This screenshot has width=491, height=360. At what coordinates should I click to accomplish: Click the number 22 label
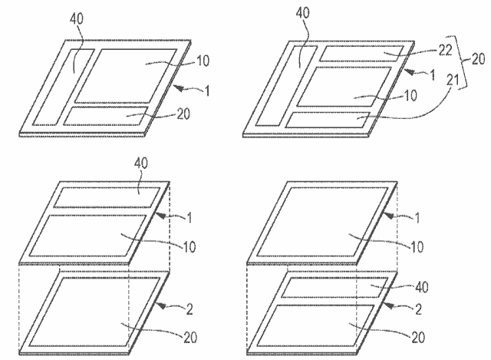pyautogui.click(x=445, y=50)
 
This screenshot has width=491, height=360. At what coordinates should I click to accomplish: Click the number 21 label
pyautogui.click(x=453, y=81)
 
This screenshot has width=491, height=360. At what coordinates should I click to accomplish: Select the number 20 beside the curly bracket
pyautogui.click(x=478, y=59)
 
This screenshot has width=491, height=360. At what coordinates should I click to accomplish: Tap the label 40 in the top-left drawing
pyautogui.click(x=77, y=18)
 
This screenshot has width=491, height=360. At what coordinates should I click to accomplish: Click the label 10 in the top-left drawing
pyautogui.click(x=203, y=61)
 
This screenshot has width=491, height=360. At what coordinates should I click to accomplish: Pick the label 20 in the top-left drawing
pyautogui.click(x=183, y=114)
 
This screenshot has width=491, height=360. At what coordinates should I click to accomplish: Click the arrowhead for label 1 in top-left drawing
pyautogui.click(x=177, y=88)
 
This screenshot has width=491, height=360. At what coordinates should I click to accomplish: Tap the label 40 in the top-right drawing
pyautogui.click(x=303, y=13)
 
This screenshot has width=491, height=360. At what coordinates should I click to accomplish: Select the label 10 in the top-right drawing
pyautogui.click(x=410, y=95)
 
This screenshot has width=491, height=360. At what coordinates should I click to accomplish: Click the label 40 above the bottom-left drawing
pyautogui.click(x=141, y=163)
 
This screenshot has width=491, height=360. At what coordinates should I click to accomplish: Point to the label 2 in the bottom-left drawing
pyautogui.click(x=189, y=309)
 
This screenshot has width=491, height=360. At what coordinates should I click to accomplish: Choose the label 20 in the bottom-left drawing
pyautogui.click(x=190, y=337)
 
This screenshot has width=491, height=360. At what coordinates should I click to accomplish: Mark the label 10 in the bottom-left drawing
pyautogui.click(x=189, y=247)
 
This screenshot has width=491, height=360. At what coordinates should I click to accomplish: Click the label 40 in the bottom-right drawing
pyautogui.click(x=421, y=287)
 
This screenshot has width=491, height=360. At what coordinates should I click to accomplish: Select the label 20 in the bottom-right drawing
pyautogui.click(x=418, y=337)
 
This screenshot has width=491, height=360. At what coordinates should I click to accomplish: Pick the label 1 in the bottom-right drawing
pyautogui.click(x=417, y=218)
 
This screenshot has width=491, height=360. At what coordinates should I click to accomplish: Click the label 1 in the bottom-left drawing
pyautogui.click(x=189, y=218)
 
